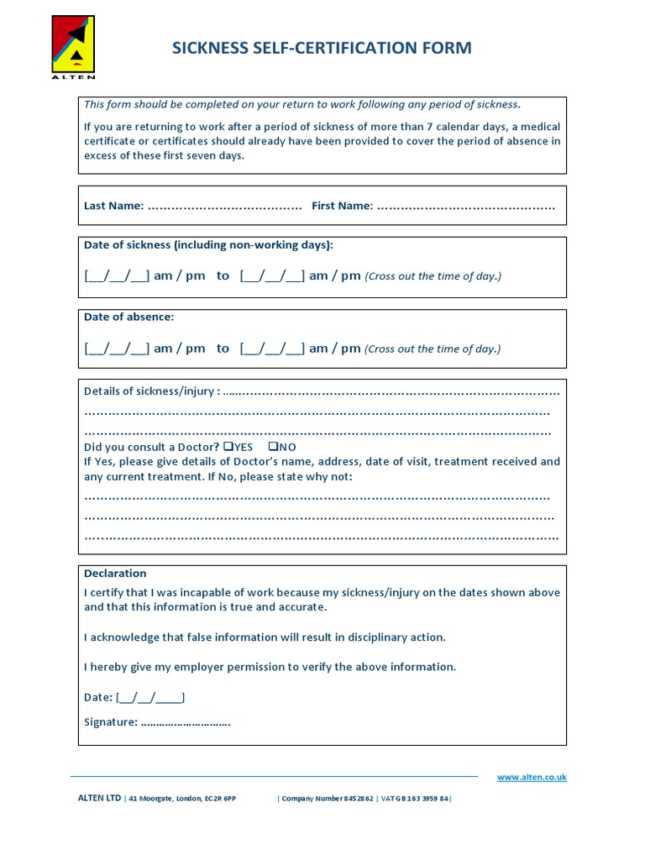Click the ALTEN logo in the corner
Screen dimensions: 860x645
point(74,47)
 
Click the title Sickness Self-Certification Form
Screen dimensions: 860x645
point(322,48)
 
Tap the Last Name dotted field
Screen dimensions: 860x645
point(224,206)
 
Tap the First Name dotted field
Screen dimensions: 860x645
point(465,206)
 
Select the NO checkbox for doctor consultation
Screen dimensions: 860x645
point(272,447)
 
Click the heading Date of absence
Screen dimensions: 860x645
point(128,317)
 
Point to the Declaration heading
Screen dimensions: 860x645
point(115,574)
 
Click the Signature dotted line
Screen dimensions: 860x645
point(186,722)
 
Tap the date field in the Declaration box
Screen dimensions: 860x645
point(150,697)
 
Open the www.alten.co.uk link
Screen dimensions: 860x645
point(532,778)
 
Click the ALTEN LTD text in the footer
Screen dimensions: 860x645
point(99,799)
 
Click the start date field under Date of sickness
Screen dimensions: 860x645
point(117,276)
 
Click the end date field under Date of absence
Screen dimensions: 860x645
point(272,349)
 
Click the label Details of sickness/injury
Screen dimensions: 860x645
point(152,391)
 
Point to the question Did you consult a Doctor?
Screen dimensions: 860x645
point(152,447)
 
